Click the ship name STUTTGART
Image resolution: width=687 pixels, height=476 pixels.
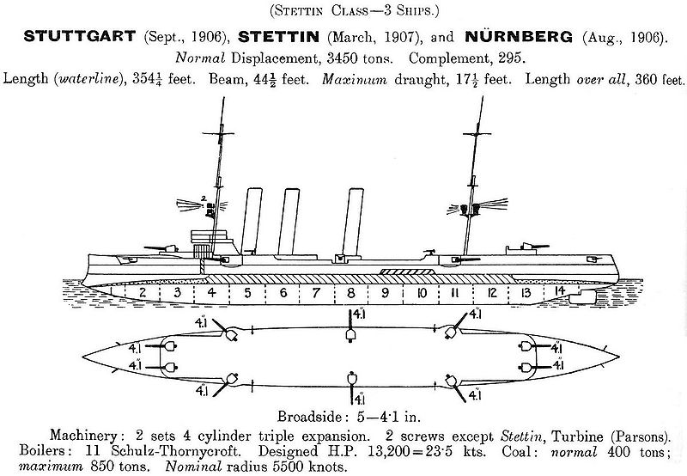click(x=80, y=36)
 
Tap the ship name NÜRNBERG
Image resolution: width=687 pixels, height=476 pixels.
click(x=519, y=36)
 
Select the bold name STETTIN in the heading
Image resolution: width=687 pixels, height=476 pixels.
click(x=278, y=36)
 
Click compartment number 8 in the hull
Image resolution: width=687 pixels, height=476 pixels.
click(x=350, y=292)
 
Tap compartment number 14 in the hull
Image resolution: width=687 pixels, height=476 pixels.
click(x=560, y=291)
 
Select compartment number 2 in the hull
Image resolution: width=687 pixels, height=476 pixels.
click(x=143, y=292)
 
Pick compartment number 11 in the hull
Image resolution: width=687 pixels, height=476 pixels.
click(x=454, y=292)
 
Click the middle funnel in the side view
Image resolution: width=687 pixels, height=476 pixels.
click(x=289, y=222)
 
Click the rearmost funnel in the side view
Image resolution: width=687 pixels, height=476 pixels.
click(x=353, y=223)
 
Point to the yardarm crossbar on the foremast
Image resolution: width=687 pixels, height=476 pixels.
click(x=218, y=133)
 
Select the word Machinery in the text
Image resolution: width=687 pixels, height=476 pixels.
click(x=83, y=436)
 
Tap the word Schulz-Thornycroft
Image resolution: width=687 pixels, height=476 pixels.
click(x=176, y=450)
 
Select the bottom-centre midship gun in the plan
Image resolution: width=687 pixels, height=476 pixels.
click(x=351, y=378)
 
